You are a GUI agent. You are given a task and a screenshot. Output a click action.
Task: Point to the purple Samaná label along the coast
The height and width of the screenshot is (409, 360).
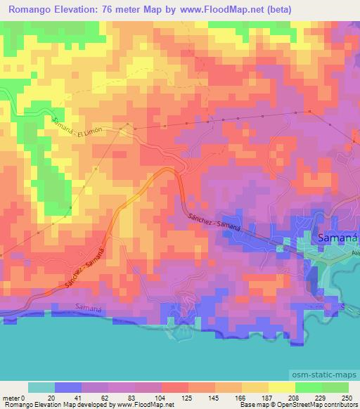pos(89,309)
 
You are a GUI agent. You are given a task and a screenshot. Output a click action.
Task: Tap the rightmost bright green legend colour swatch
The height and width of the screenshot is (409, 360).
pos(335,388)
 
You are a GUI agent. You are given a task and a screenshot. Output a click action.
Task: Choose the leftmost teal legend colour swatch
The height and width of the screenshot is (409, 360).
pos(41,388)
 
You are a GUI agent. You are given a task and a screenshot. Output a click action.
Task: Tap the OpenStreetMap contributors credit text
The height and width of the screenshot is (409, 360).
pos(316,405)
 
